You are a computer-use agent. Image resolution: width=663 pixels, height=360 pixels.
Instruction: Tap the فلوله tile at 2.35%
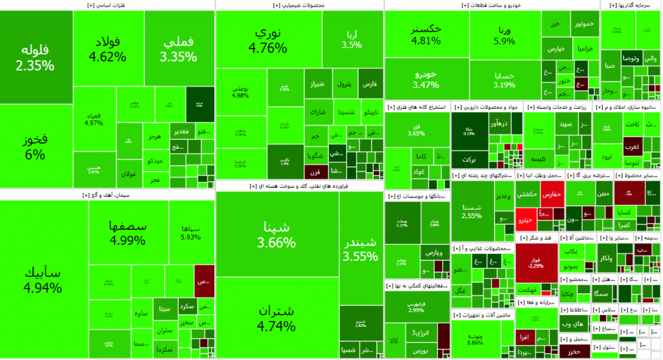pos(36,57)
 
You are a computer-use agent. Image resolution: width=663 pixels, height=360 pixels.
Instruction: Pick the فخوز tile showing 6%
pos(36,147)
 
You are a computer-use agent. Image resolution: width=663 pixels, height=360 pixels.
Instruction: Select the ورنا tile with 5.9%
pos(504,35)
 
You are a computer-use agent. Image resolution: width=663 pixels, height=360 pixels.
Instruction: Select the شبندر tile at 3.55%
pos(361,249)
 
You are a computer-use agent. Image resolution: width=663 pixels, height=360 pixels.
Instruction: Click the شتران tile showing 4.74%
pos(276,318)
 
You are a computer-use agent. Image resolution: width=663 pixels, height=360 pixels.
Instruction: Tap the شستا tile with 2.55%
pos(471,210)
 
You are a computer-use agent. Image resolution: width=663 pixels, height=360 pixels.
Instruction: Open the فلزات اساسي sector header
pos(107,5)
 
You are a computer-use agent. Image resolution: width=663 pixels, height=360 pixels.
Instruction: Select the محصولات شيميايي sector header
pos(299,5)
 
